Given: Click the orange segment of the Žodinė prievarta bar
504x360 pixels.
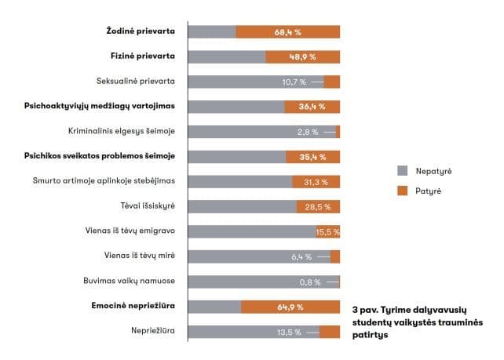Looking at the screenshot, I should pos(287,32).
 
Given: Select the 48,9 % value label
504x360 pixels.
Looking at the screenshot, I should pos(302,57).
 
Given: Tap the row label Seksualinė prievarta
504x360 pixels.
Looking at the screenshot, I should pos(135,82).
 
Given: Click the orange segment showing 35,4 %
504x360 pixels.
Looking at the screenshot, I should pos(312,157).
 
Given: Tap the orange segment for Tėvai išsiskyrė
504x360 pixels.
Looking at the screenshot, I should pos(318,207).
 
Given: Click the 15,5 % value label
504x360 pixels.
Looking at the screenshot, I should pos(327,232).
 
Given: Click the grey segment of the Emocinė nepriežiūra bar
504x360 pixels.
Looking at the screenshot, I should pos(214,307).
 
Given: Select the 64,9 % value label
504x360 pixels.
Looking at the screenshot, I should pos(290,307).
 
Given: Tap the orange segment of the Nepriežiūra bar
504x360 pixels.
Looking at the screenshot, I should pos(330,332).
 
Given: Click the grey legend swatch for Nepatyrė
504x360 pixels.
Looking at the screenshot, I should pos(402,170).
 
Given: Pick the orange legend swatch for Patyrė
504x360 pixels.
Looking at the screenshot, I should pos(402,190).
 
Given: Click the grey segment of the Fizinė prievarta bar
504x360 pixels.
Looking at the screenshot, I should pos(227,57).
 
